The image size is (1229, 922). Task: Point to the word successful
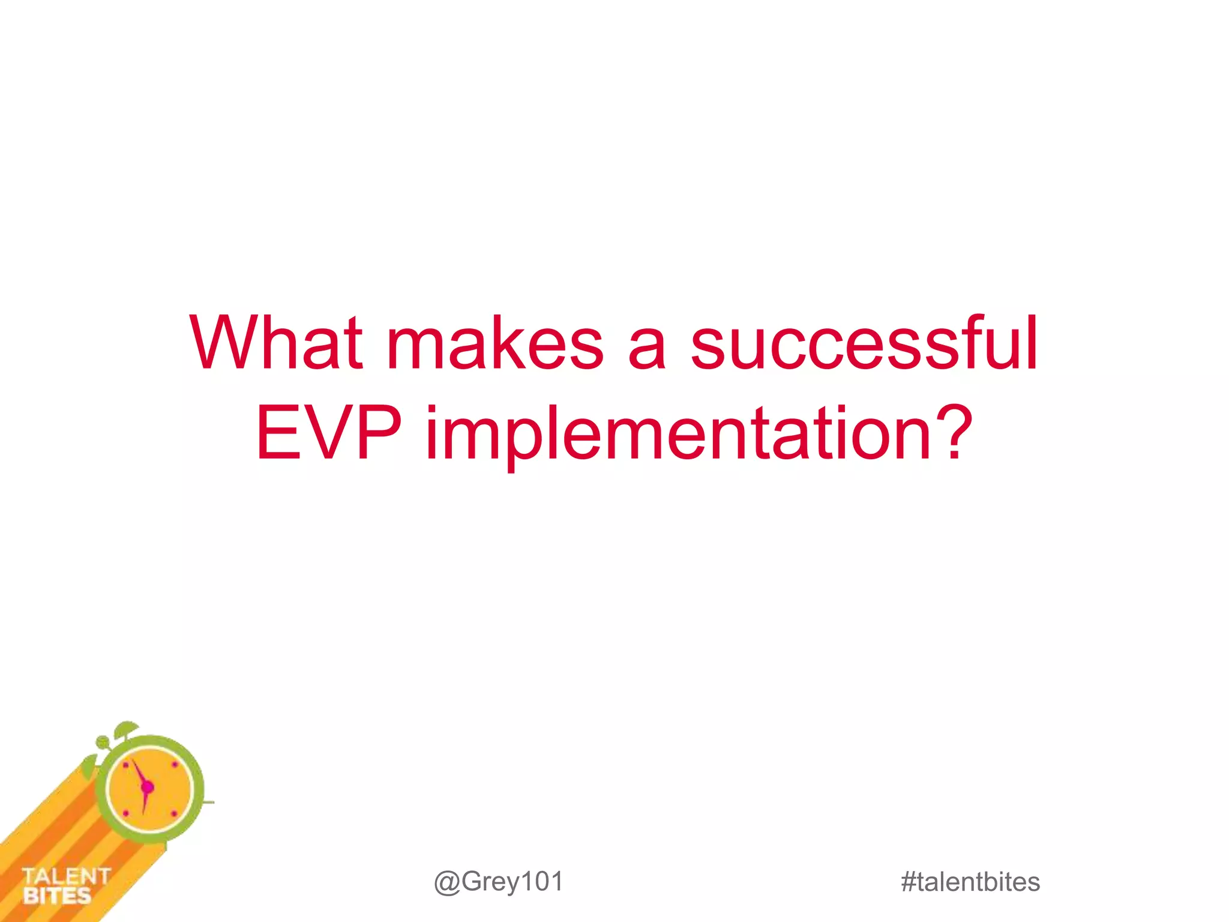(x=864, y=343)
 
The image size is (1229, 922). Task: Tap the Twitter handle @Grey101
(x=499, y=882)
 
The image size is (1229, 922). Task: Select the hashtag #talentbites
(x=970, y=882)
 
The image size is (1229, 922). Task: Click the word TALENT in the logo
(x=66, y=876)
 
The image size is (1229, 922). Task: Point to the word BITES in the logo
(x=57, y=896)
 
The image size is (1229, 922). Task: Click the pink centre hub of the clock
(x=147, y=788)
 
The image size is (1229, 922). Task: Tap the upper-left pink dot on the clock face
(x=125, y=765)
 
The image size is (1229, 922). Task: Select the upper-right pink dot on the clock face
(x=175, y=765)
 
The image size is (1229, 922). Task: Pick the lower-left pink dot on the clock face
(x=126, y=813)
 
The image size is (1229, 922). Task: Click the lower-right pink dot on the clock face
(x=174, y=813)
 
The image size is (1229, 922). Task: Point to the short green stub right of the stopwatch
(x=208, y=802)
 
